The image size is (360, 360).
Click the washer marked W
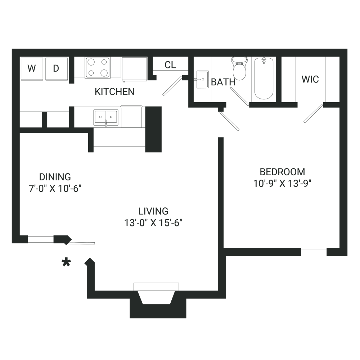tap(32, 69)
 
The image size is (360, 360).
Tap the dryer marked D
tap(57, 69)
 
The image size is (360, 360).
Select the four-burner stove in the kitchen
tap(98, 68)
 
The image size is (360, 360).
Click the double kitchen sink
tap(106, 118)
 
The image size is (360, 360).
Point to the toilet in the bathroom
tap(239, 68)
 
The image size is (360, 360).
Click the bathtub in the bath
tap(264, 78)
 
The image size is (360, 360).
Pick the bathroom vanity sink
tap(202, 80)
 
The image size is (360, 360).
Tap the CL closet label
tap(170, 65)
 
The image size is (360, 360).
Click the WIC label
tap(310, 79)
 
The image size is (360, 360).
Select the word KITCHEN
tap(114, 91)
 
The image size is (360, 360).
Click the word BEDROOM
tap(282, 172)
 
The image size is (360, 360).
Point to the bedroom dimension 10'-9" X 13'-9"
tap(282, 184)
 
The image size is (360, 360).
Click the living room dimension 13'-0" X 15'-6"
tap(153, 223)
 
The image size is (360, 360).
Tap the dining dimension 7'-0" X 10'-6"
tap(55, 189)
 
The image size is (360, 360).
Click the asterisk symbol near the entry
tap(66, 262)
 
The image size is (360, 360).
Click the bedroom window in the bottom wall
tap(314, 252)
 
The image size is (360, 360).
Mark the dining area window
tap(41, 239)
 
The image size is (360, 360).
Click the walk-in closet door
tap(314, 113)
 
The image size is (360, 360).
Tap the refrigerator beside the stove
tap(134, 69)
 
